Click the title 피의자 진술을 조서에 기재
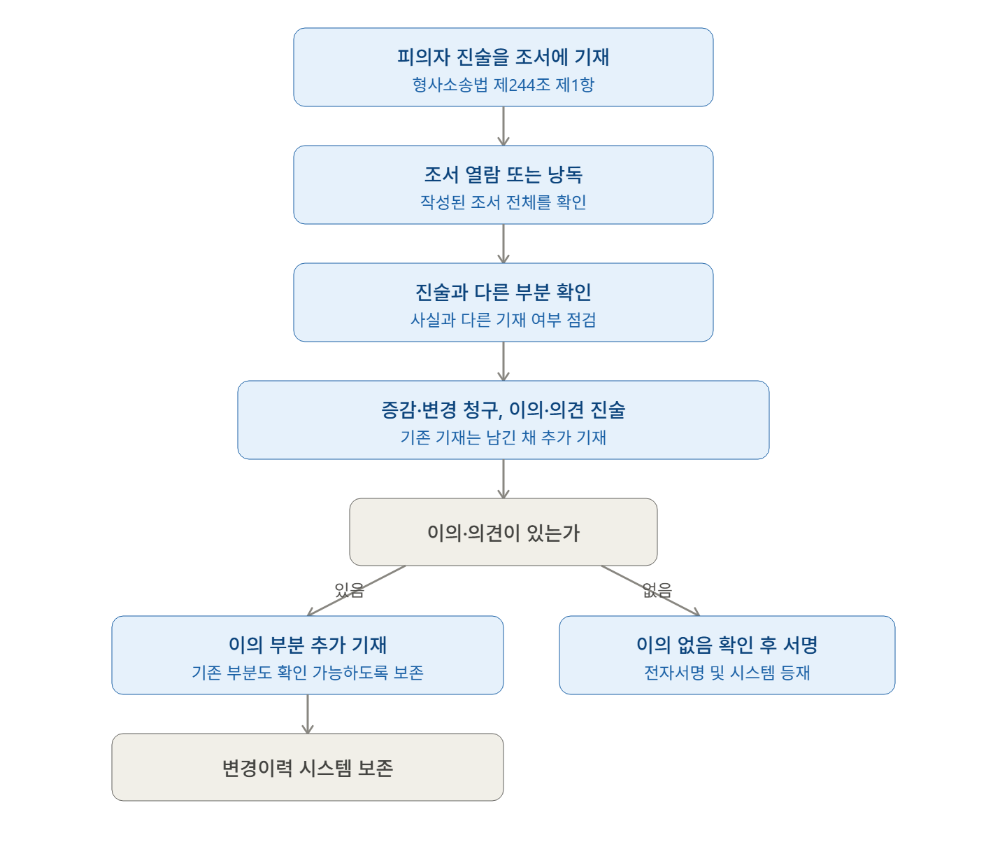503,57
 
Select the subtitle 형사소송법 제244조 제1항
503,85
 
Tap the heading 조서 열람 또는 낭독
503,174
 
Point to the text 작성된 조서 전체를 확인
503,202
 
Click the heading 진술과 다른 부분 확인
503,292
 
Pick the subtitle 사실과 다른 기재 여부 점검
503,320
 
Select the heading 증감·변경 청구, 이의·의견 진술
503,409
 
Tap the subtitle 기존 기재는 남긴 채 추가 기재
503,437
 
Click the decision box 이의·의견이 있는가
503,532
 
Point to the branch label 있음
350,590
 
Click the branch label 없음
657,590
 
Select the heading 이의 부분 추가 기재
308,645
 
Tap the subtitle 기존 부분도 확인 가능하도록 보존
308,673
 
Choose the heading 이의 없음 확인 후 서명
727,645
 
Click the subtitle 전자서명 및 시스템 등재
727,673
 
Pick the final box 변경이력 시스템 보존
308,767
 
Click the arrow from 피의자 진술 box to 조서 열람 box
503,126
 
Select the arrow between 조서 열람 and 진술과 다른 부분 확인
503,244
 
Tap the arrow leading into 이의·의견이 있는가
503,479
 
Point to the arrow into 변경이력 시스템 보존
308,714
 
